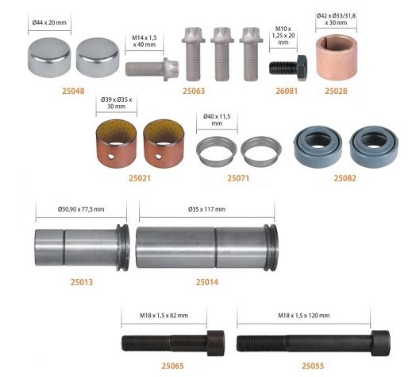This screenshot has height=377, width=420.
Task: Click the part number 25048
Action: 73,91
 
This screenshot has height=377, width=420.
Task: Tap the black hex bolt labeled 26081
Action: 288,68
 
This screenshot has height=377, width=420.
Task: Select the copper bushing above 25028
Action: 337,57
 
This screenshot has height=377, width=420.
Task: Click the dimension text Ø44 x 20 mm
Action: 49,22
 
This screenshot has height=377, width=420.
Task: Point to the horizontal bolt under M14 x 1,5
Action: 152,69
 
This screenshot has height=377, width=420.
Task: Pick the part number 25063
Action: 194,91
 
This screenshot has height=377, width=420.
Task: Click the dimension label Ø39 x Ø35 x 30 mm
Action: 117,103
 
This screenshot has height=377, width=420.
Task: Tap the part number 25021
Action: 140,178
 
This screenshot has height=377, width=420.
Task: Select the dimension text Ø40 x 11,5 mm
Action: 217,119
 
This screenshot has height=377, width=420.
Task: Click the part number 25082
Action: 345,178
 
